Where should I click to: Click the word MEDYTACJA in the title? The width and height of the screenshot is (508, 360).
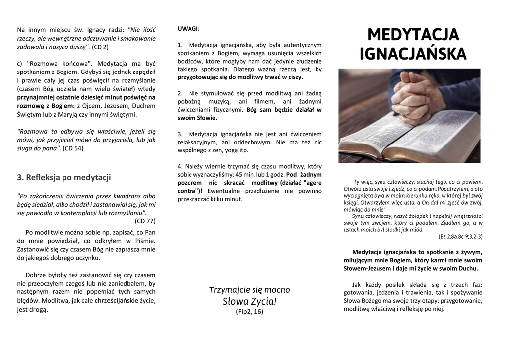[x=413, y=35]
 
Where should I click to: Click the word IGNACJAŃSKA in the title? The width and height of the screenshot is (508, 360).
[x=413, y=54]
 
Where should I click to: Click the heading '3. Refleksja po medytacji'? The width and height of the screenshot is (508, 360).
[x=64, y=177]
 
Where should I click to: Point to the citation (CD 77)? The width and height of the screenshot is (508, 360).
[x=145, y=221]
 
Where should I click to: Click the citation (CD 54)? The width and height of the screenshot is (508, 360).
[x=73, y=148]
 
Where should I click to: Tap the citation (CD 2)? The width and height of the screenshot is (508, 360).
[x=100, y=47]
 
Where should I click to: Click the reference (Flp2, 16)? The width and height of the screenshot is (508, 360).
[x=250, y=312]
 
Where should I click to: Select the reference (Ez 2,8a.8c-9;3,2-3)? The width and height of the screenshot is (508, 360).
[x=460, y=236]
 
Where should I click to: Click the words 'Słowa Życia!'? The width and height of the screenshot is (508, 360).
[x=250, y=301]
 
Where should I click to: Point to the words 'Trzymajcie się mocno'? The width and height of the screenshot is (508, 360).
[x=250, y=290]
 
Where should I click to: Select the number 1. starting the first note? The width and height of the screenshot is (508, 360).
[x=180, y=45]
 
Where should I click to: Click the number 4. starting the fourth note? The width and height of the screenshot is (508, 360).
[x=180, y=166]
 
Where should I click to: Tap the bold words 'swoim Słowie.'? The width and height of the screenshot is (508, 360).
[x=197, y=118]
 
